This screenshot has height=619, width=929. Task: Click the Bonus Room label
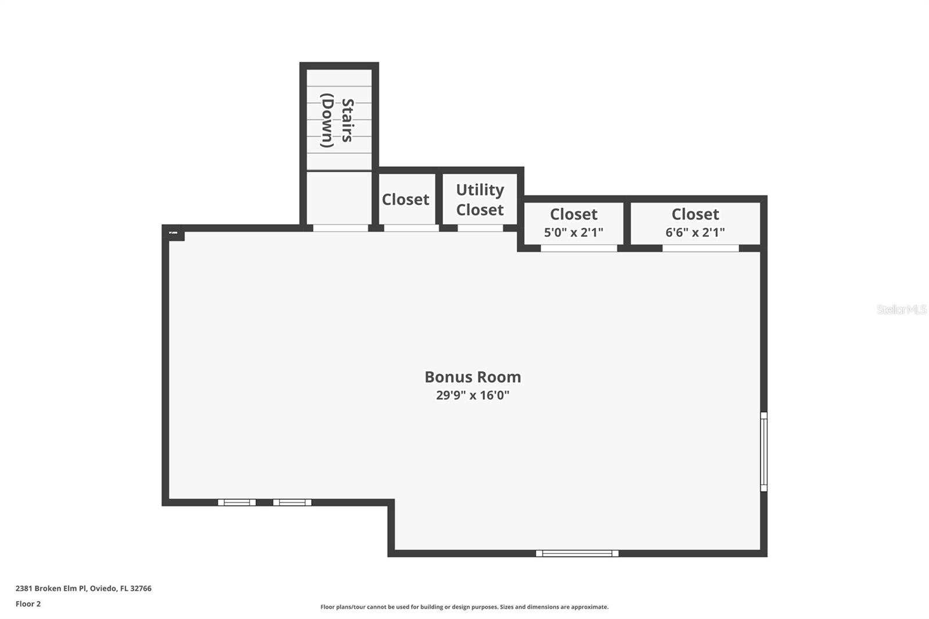pyautogui.click(x=473, y=377)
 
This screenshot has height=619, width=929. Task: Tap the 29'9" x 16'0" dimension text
pyautogui.click(x=473, y=395)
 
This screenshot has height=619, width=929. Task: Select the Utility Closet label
pyautogui.click(x=480, y=200)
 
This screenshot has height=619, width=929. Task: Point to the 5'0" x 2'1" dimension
pyautogui.click(x=573, y=233)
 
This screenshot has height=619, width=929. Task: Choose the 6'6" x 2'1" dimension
pyautogui.click(x=695, y=233)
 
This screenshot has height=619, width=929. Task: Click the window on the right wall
pyautogui.click(x=764, y=452)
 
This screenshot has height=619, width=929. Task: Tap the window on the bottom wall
pyautogui.click(x=577, y=553)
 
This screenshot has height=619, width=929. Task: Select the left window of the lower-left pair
pyautogui.click(x=237, y=502)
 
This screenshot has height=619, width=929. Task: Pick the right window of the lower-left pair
pyautogui.click(x=292, y=502)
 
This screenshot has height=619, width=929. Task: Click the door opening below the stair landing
pyautogui.click(x=340, y=228)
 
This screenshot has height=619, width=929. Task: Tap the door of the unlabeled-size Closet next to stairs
pyautogui.click(x=411, y=228)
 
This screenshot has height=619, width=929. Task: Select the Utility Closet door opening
pyautogui.click(x=480, y=228)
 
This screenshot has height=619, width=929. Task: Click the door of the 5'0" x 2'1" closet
pyautogui.click(x=579, y=249)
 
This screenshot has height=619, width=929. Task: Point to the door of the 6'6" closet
pyautogui.click(x=700, y=249)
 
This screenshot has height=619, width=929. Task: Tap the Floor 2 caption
pyautogui.click(x=28, y=604)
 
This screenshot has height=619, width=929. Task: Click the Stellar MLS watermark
pyautogui.click(x=901, y=310)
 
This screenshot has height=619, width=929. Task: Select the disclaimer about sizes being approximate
pyautogui.click(x=464, y=607)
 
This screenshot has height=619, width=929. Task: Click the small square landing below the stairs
pyautogui.click(x=339, y=197)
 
